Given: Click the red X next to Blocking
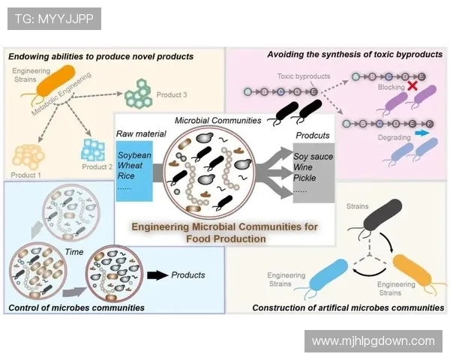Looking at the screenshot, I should pyautogui.click(x=412, y=87).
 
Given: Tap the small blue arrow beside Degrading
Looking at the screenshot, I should pyautogui.click(x=421, y=132).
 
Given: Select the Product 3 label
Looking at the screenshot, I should pyautogui.click(x=171, y=95).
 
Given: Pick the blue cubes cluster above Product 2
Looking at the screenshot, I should pyautogui.click(x=94, y=148).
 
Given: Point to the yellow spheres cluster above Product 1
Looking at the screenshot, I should pyautogui.click(x=28, y=155).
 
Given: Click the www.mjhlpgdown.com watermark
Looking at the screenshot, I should pyautogui.click(x=373, y=340).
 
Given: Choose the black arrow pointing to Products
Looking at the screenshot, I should pyautogui.click(x=157, y=275).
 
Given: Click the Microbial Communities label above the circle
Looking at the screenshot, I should pyautogui.click(x=217, y=120).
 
